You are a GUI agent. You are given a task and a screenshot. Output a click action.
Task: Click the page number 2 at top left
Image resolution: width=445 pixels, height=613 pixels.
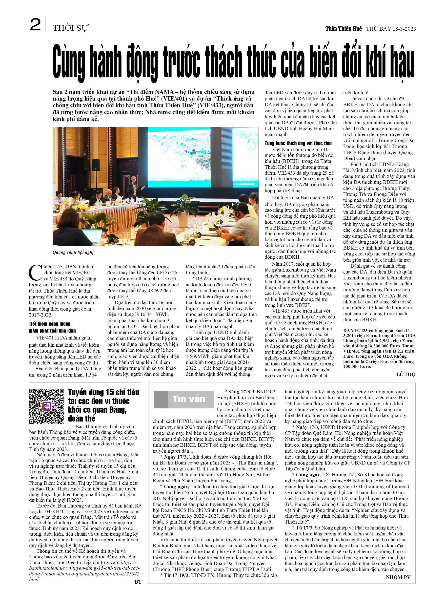point(35,25)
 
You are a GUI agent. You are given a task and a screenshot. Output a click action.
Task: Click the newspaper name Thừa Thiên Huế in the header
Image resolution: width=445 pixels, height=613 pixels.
point(343,29)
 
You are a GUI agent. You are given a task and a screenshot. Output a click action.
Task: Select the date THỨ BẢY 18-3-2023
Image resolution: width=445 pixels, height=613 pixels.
point(391,29)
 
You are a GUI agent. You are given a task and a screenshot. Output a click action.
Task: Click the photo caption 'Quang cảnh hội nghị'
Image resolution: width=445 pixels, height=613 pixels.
point(73,252)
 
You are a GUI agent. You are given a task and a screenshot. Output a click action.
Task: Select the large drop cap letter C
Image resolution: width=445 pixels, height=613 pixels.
point(35,273)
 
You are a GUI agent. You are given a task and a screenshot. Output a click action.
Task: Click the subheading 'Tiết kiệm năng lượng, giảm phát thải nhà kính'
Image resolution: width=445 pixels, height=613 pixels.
point(52,327)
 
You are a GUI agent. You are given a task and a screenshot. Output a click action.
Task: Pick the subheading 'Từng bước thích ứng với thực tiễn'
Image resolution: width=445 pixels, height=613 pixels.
point(298,143)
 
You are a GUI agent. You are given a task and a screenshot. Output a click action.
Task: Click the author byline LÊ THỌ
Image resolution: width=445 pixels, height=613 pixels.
point(405,374)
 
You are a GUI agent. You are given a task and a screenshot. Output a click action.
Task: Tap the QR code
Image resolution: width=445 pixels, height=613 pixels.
point(47,406)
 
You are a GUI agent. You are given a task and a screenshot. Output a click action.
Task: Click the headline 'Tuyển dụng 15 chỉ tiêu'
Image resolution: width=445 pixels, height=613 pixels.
point(103,392)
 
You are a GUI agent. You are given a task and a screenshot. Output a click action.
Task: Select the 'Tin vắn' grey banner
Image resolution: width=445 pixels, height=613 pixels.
point(184,400)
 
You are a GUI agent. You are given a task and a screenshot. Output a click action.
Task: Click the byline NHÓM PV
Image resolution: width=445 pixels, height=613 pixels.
point(398,577)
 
